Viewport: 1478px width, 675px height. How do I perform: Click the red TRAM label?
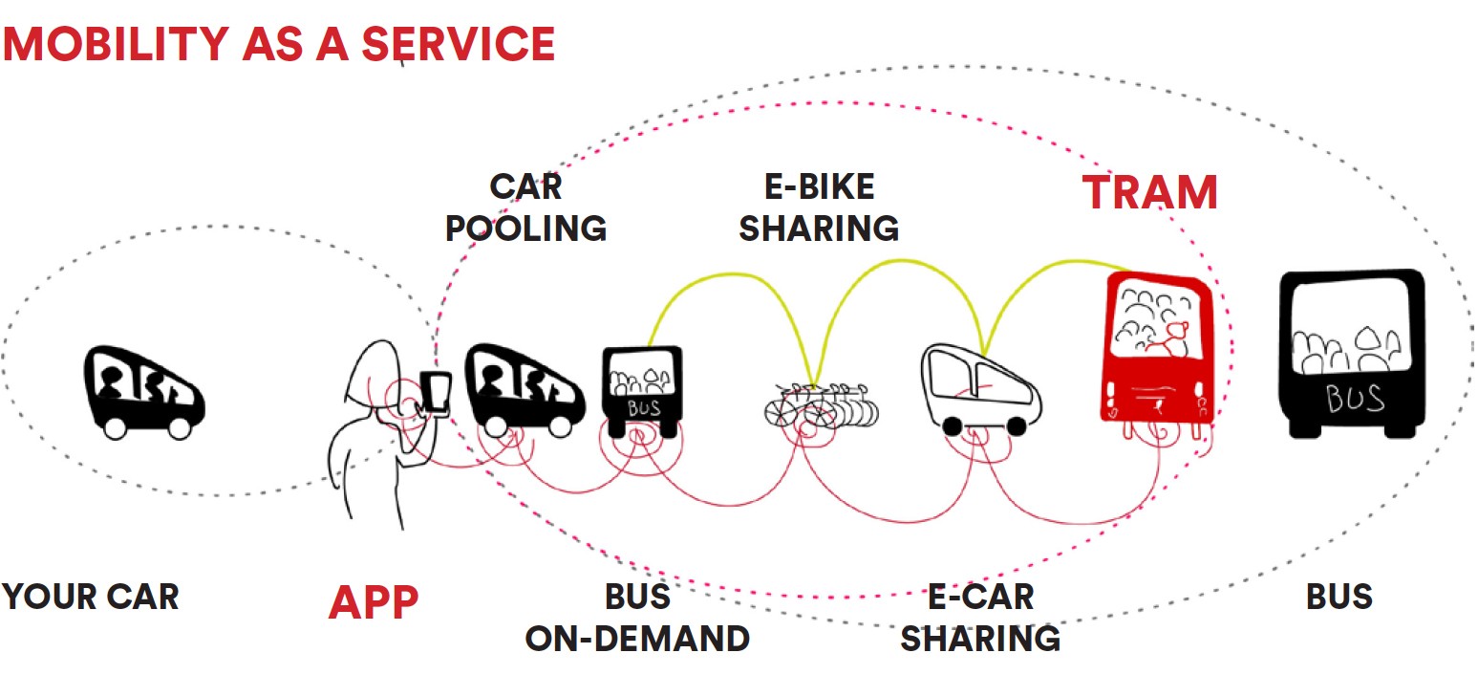(1149, 193)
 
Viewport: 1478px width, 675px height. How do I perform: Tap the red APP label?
(374, 602)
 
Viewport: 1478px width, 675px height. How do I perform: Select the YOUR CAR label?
(90, 597)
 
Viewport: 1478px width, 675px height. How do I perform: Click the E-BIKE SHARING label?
(820, 207)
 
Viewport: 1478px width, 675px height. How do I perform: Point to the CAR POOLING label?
(525, 207)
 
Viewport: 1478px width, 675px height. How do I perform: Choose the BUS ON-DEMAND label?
(637, 617)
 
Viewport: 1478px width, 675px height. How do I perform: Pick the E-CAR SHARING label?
(980, 617)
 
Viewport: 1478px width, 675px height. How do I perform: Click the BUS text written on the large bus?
(1354, 397)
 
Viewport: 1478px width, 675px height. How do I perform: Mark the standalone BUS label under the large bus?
(1339, 597)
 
